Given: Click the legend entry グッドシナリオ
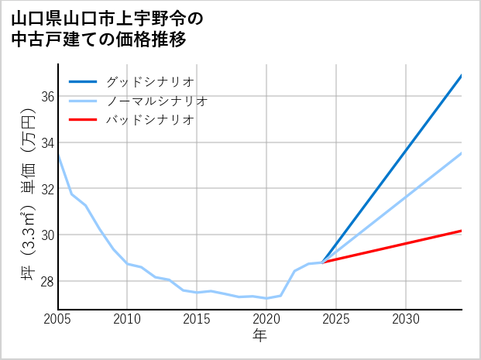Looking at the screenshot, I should tap(150, 81).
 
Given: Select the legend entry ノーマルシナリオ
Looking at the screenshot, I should tap(157, 101).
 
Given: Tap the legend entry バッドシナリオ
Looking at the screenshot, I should tap(150, 120).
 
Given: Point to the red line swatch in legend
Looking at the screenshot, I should tap(83, 120).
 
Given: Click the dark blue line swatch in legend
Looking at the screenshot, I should tap(83, 81).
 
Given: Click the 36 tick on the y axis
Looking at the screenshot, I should tap(47, 97).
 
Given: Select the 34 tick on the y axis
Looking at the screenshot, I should tap(47, 142).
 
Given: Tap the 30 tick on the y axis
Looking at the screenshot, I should tap(47, 235).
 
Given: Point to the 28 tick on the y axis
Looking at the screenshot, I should tap(47, 281).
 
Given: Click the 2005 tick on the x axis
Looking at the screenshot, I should tap(58, 319).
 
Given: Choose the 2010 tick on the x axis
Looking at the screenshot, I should tap(127, 319).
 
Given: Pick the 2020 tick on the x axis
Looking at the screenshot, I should tap(266, 319).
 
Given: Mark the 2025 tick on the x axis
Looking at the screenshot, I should tap(336, 319).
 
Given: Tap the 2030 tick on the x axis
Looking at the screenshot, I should tap(406, 319).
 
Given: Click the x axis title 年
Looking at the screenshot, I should tap(259, 336).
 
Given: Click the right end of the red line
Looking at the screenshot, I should tap(461, 231).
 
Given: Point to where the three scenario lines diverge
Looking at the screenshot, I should tap(322, 262).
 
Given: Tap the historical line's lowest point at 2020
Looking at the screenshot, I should tap(266, 298).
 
